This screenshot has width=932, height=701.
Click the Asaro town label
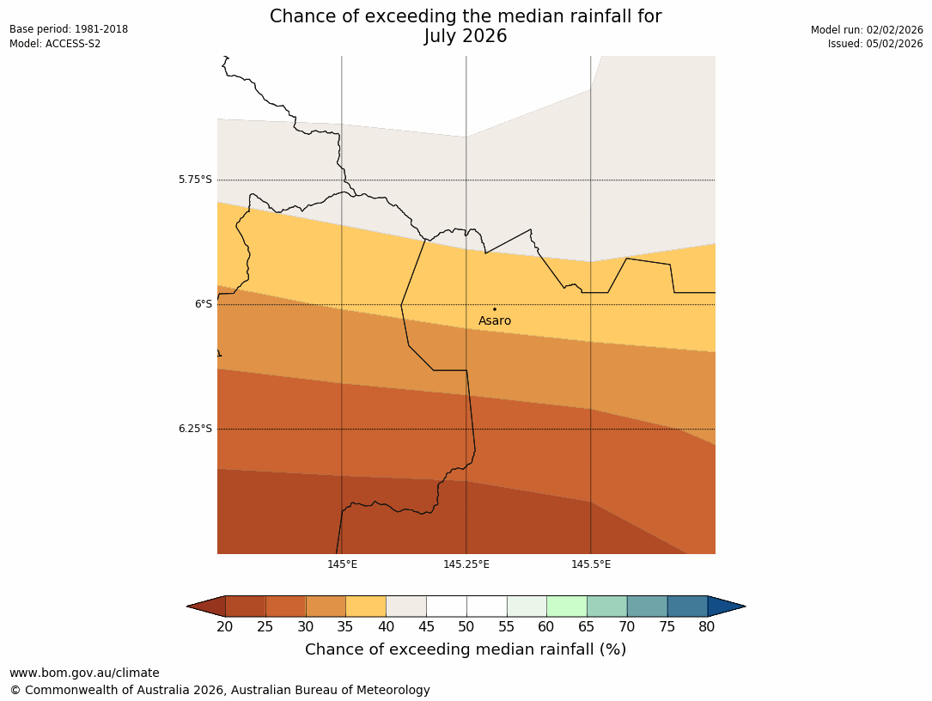495,321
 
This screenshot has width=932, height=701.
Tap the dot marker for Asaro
494,309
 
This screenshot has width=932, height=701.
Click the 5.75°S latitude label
195,180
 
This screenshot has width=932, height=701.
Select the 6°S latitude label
203,304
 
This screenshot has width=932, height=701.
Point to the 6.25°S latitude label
195,429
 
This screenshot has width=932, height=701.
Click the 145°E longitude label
342,564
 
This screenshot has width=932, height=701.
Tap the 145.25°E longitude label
466,564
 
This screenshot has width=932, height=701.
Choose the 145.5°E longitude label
591,564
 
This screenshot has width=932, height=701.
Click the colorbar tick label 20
225,627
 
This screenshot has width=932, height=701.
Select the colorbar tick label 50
466,627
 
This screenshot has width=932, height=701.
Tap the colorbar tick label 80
707,627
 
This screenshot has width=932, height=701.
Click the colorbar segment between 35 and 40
366,607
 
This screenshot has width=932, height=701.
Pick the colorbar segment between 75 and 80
687,607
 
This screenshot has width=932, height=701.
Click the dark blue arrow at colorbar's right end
726,607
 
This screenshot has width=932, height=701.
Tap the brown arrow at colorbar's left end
207,607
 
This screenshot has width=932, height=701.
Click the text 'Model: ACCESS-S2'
55,44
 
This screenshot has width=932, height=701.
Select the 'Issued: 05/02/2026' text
875,44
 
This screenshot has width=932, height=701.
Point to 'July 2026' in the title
466,36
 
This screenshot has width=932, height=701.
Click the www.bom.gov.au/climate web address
84,673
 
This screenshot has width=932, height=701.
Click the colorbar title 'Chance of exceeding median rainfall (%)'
466,649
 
